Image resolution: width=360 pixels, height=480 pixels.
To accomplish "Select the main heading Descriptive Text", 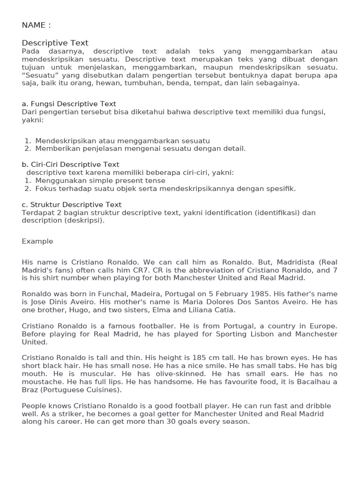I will click(x=55, y=43).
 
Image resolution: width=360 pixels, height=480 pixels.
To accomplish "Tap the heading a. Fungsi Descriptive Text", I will click(x=69, y=104).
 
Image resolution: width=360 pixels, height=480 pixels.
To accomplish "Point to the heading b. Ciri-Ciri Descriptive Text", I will click(x=70, y=165).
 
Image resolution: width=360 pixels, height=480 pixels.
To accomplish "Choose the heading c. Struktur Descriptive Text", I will click(x=71, y=204).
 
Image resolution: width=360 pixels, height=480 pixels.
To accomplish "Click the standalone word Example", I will click(x=37, y=241).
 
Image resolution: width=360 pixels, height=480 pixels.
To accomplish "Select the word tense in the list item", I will click(x=155, y=180).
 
